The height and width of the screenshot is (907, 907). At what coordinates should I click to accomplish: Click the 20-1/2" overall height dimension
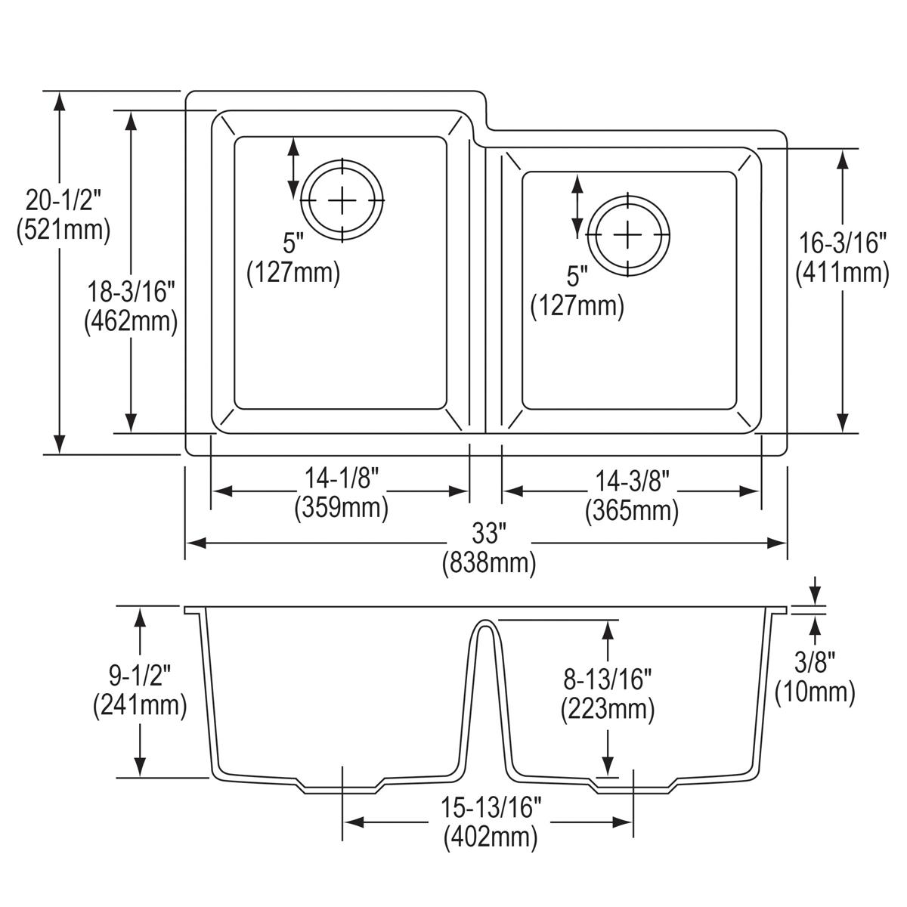pyautogui.click(x=63, y=200)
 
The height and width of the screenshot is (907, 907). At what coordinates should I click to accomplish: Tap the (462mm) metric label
pyautogui.click(x=130, y=322)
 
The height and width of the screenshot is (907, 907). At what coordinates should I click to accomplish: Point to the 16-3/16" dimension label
pyautogui.click(x=842, y=242)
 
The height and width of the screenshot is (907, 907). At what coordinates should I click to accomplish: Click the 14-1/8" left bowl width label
pyautogui.click(x=341, y=478)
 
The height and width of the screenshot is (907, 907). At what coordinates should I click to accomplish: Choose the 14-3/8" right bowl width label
pyautogui.click(x=631, y=479)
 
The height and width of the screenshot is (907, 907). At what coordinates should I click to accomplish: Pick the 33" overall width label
pyautogui.click(x=488, y=534)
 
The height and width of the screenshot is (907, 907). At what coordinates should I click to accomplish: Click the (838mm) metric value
pyautogui.click(x=488, y=563)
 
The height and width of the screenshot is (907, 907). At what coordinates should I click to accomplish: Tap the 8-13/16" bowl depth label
pyautogui.click(x=607, y=679)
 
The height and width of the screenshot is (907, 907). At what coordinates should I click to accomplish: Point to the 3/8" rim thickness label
pyautogui.click(x=816, y=662)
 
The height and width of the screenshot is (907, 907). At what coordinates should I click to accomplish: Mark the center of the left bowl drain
pyautogui.click(x=342, y=200)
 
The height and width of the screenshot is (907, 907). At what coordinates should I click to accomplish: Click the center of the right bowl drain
pyautogui.click(x=627, y=235)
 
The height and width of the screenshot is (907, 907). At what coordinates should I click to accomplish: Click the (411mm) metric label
pyautogui.click(x=842, y=272)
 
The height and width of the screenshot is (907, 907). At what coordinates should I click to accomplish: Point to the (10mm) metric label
pyautogui.click(x=816, y=692)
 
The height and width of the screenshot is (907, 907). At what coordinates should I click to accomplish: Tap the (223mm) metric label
pyautogui.click(x=607, y=709)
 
